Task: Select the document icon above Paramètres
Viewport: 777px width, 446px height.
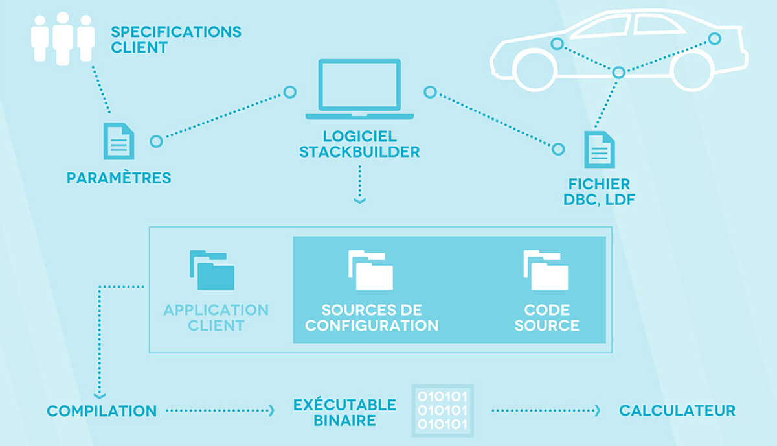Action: pos(118,141)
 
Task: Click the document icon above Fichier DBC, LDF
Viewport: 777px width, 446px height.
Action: pos(600,149)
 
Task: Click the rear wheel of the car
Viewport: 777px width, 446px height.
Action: pos(692,71)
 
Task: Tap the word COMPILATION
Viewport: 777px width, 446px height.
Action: pos(102,411)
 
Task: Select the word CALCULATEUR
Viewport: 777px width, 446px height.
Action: pos(677,411)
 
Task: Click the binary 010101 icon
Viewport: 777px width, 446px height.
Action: pos(443,410)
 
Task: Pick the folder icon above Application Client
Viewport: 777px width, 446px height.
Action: pos(212,270)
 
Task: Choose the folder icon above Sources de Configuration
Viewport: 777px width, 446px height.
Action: pos(371,270)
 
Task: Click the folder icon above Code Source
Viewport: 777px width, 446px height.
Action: pos(546,270)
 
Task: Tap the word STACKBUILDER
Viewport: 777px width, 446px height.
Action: pos(359,153)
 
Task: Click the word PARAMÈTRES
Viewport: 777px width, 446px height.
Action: pos(119,178)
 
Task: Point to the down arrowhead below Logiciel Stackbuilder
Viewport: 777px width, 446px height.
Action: pos(360,201)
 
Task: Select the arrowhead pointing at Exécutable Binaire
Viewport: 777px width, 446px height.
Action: pos(271,411)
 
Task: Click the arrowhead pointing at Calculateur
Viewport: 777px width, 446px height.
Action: pos(598,411)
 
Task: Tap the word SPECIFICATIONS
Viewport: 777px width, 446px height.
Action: pos(176,32)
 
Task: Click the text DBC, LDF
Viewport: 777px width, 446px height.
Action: pos(600,200)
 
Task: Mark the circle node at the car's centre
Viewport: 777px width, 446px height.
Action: pos(618,73)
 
